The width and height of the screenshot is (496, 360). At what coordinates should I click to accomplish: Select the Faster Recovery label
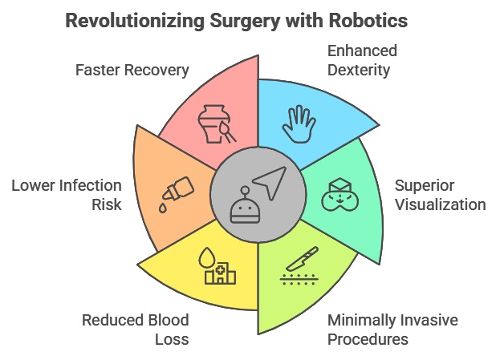pyautogui.click(x=132, y=70)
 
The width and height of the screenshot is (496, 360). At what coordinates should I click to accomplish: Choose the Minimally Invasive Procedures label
pyautogui.click(x=392, y=330)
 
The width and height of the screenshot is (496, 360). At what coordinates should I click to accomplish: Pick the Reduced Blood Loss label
pyautogui.click(x=135, y=330)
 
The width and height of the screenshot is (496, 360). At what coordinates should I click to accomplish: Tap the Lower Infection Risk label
pyautogui.click(x=67, y=195)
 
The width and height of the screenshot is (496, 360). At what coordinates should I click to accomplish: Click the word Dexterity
pyautogui.click(x=359, y=70)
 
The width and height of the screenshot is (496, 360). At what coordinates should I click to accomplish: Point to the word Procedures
pyautogui.click(x=368, y=338)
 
